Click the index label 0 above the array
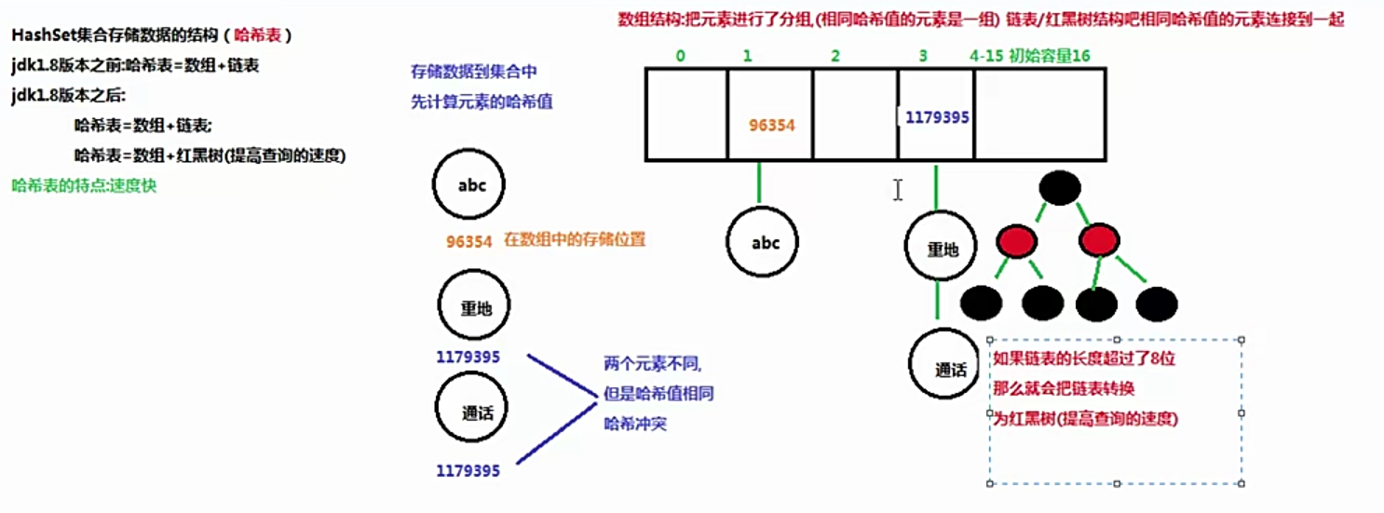pyautogui.click(x=681, y=56)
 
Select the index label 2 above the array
pyautogui.click(x=835, y=56)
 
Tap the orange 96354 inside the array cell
pyautogui.click(x=772, y=125)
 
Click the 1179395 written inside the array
pyautogui.click(x=937, y=118)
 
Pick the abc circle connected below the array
pyautogui.click(x=766, y=243)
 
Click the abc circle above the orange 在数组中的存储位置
pyautogui.click(x=472, y=184)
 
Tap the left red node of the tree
pyautogui.click(x=1016, y=243)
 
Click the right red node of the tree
pyautogui.click(x=1099, y=243)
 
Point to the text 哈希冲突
pyautogui.click(x=635, y=424)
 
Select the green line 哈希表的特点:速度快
pyautogui.click(x=84, y=185)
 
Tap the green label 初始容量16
pyautogui.click(x=1049, y=56)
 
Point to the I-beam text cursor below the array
pyautogui.click(x=898, y=190)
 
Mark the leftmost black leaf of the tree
pyautogui.click(x=980, y=304)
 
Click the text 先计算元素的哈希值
pyautogui.click(x=482, y=102)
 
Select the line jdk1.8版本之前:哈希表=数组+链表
pyautogui.click(x=136, y=66)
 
